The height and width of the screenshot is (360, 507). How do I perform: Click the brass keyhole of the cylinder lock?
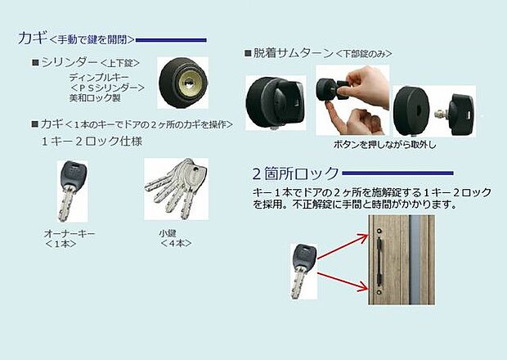click(x=191, y=82)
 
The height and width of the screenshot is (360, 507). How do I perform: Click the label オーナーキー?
click(x=70, y=234)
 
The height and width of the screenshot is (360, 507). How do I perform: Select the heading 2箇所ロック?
click(x=294, y=173)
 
